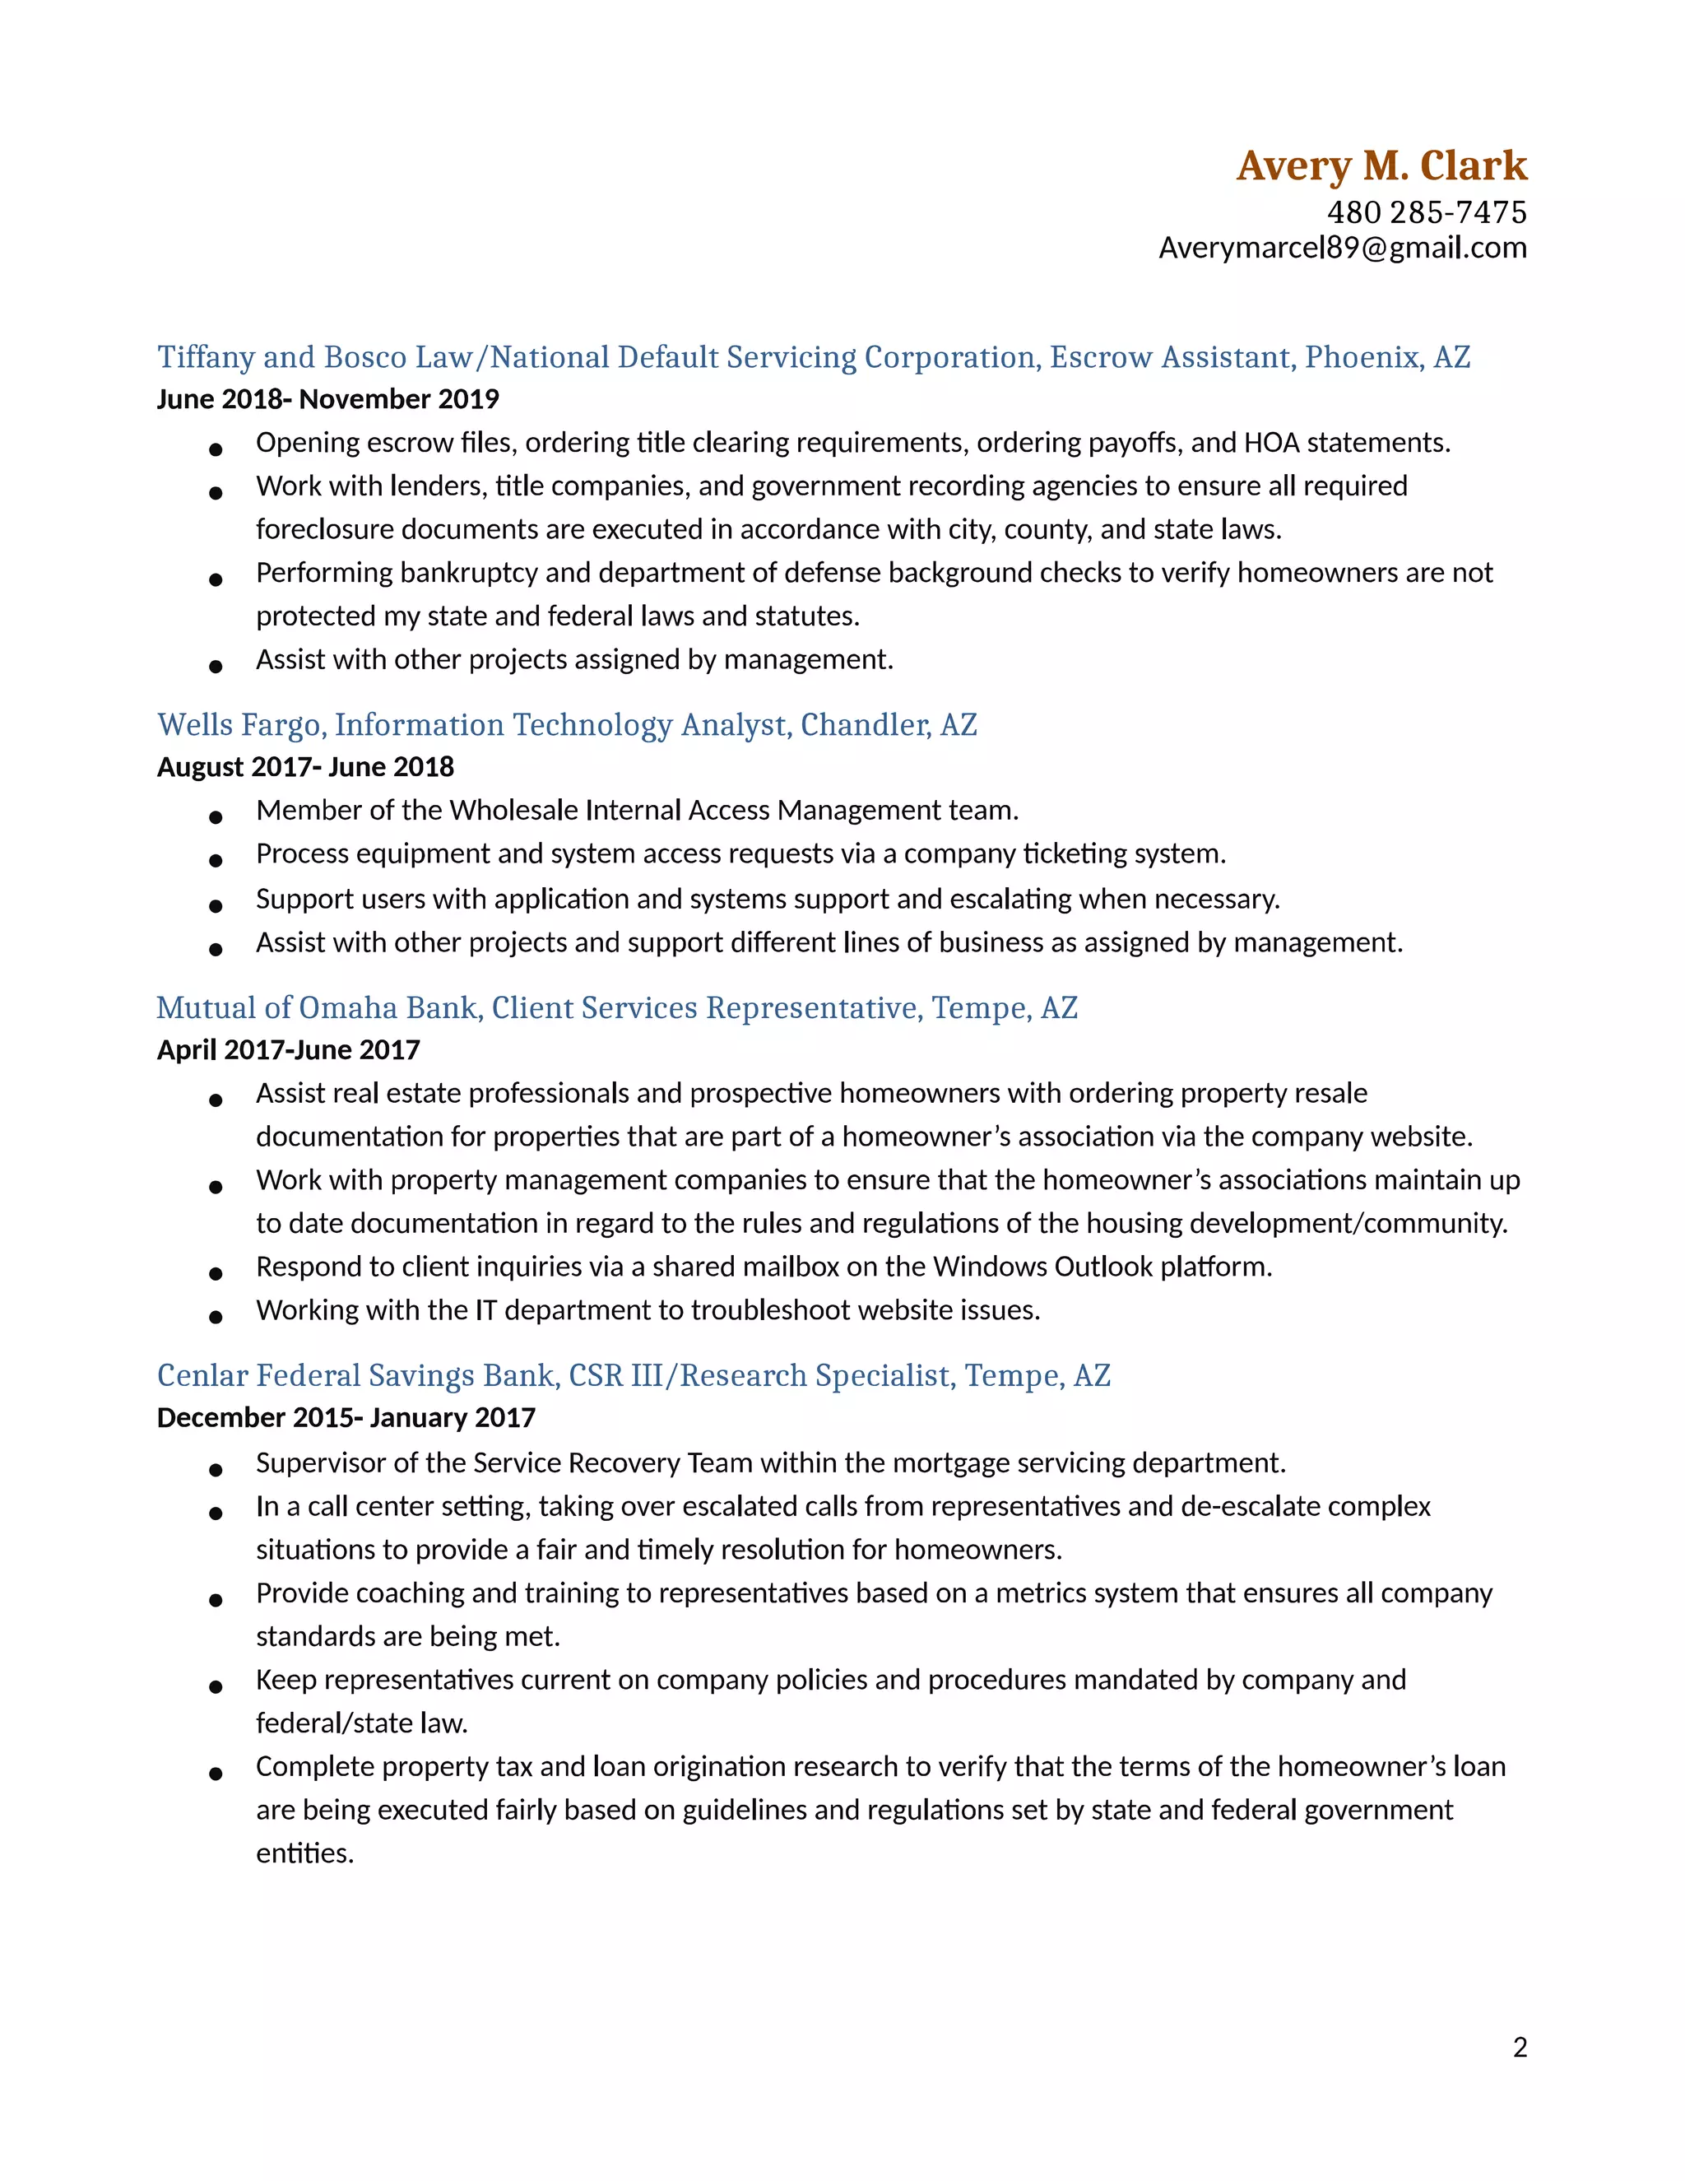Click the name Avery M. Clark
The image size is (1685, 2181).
pos(1381,165)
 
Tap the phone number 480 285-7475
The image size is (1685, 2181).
pos(1426,212)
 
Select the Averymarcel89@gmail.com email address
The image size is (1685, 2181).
pos(1342,248)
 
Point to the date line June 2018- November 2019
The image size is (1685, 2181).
pos(327,399)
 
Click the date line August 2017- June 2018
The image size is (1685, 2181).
pos(304,767)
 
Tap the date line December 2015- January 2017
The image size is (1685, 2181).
pos(346,1418)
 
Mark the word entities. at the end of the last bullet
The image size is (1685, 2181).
pos(304,1853)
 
